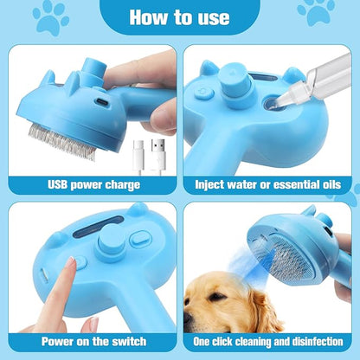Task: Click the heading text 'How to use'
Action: [x=181, y=17]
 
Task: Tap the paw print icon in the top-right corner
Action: [x=316, y=11]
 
